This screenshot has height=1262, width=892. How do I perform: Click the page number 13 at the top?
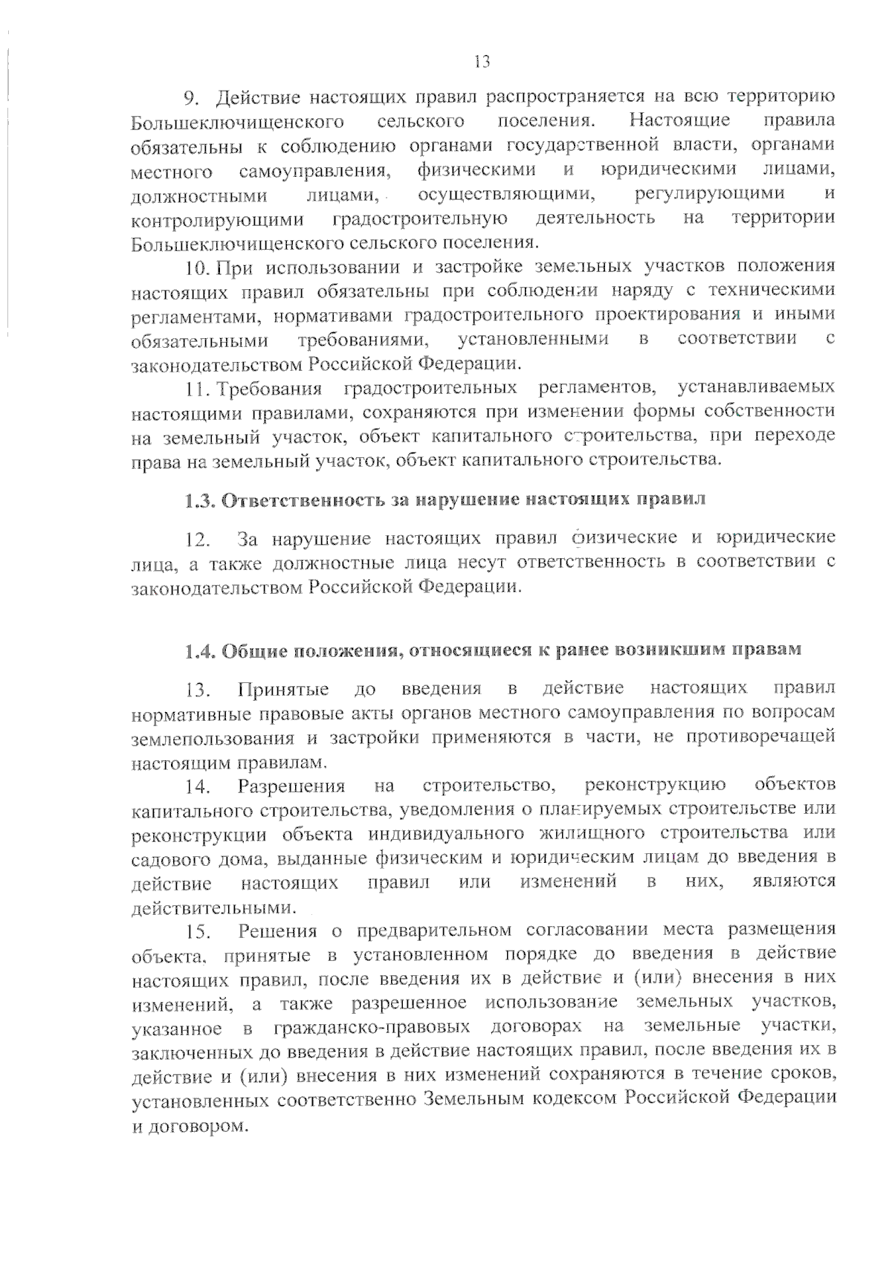(x=482, y=62)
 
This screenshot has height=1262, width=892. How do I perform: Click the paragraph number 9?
(x=190, y=97)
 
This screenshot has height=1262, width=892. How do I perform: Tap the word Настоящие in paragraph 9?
(x=679, y=120)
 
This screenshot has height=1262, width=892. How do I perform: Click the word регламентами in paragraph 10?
(x=195, y=315)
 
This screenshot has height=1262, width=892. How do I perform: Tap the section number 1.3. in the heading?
(x=200, y=499)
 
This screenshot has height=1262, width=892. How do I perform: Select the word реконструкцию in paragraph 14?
(x=655, y=784)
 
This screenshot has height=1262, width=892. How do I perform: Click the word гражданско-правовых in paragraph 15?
(x=372, y=1028)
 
